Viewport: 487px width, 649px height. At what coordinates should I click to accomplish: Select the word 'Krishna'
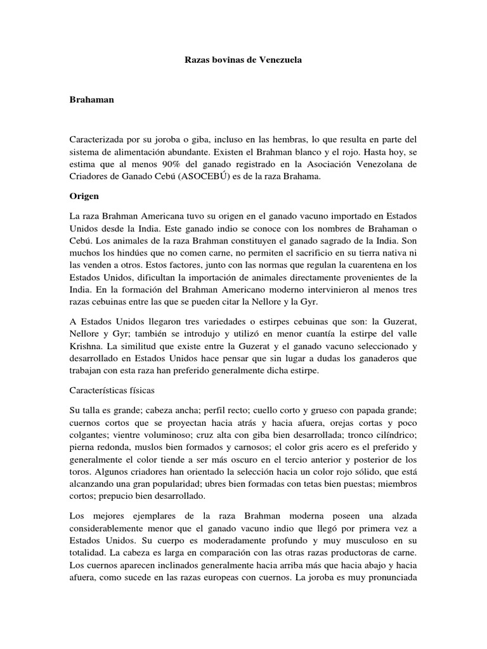pos(86,347)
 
